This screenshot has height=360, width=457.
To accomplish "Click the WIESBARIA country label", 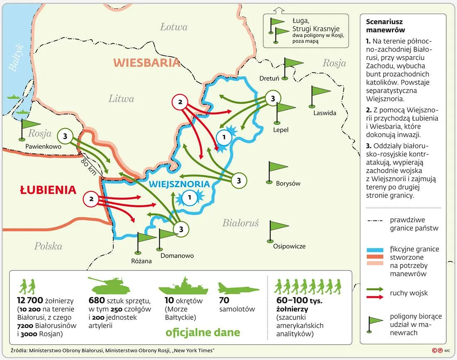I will [x=147, y=63].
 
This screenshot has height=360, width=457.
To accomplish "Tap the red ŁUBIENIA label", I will [x=48, y=190].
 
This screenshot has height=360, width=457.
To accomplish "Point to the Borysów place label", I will [x=288, y=183].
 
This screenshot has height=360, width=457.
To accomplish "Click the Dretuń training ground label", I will [x=269, y=78].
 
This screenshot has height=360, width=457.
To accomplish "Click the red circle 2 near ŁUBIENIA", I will [x=91, y=199].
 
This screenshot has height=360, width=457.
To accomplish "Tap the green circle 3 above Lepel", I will [x=272, y=99].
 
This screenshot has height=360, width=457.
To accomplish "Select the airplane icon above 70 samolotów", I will [x=238, y=288].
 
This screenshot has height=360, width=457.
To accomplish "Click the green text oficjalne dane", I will [x=202, y=332].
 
